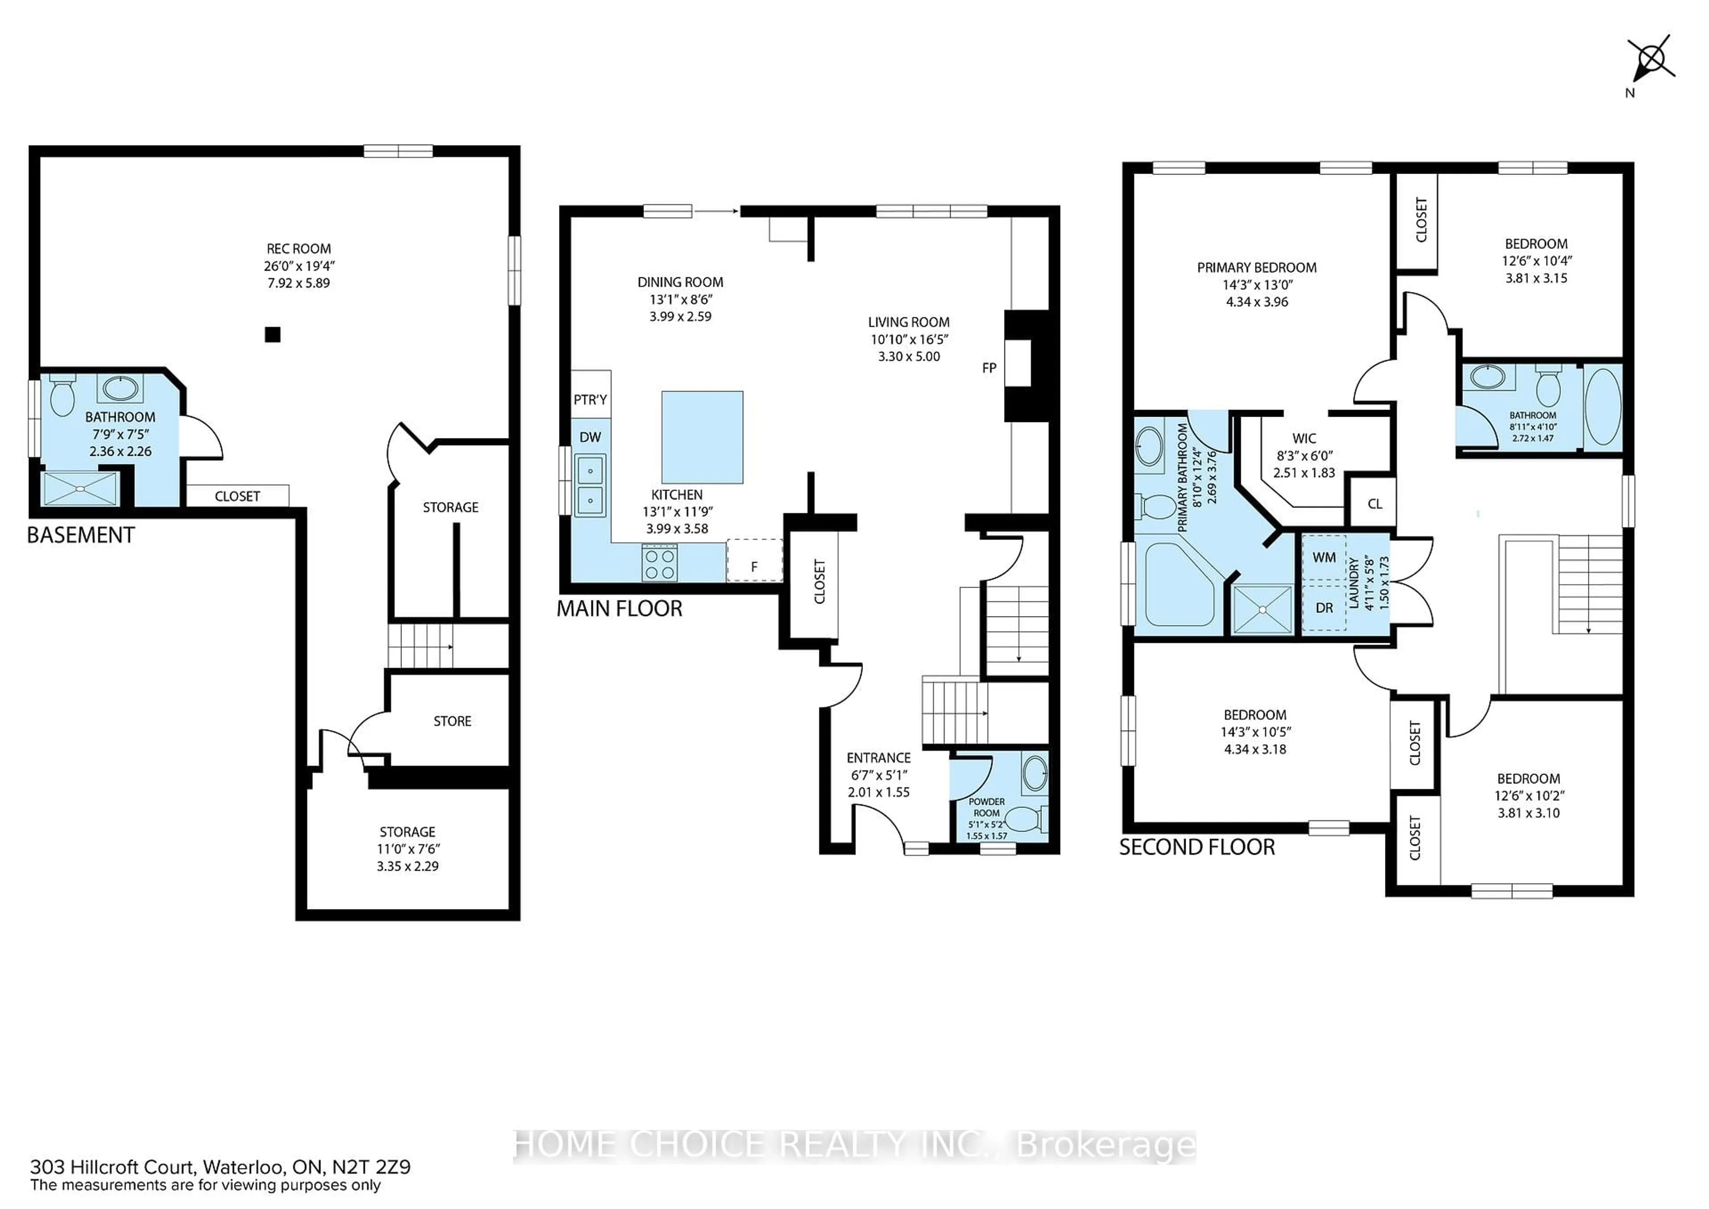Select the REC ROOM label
pyautogui.click(x=299, y=249)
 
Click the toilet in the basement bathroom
pyautogui.click(x=62, y=396)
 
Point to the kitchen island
pyautogui.click(x=702, y=437)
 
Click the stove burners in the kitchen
pyautogui.click(x=660, y=562)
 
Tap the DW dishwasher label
pyautogui.click(x=590, y=437)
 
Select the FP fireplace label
pyautogui.click(x=988, y=368)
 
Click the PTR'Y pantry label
pyautogui.click(x=590, y=400)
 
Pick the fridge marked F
pyautogui.click(x=754, y=560)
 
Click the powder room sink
pyautogui.click(x=1035, y=773)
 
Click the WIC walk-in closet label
pyautogui.click(x=1304, y=438)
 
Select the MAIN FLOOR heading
pyautogui.click(x=619, y=609)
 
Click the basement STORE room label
pyautogui.click(x=452, y=721)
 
